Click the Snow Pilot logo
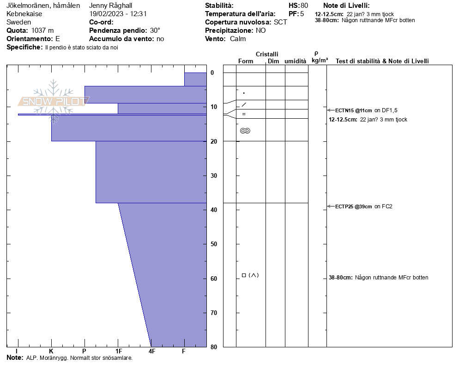[x=54, y=101]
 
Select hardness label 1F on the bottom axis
[x=119, y=352]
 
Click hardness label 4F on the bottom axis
[x=151, y=352]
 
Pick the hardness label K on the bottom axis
[x=51, y=352]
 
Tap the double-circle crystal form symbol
[x=245, y=131]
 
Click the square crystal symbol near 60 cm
[x=244, y=275]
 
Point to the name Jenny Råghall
[x=110, y=6]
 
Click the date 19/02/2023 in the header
[x=107, y=14]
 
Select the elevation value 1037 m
[x=42, y=30]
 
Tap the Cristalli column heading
[x=267, y=55]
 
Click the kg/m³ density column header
[x=320, y=61]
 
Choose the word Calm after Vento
[x=238, y=39]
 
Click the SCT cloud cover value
[x=280, y=22]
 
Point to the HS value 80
[x=304, y=6]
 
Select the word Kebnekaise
[x=24, y=14]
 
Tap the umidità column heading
[x=295, y=61]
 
